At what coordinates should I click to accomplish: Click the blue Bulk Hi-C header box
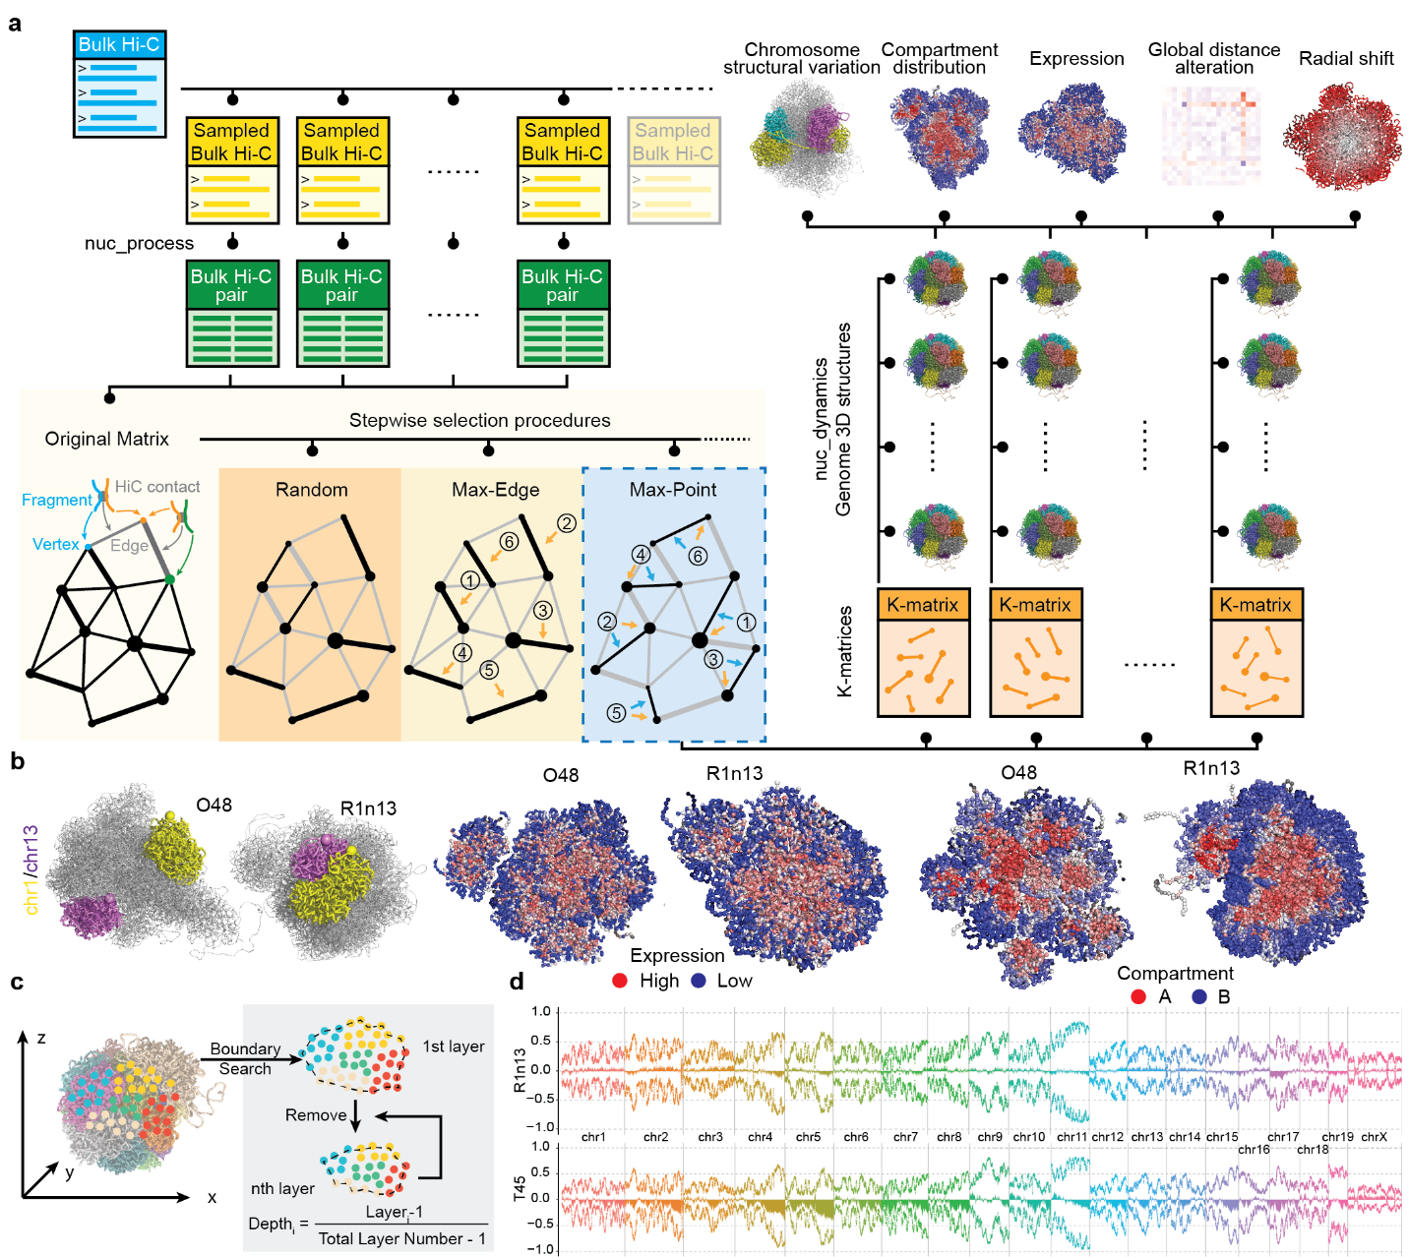[x=119, y=44]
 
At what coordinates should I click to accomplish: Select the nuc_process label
[x=139, y=243]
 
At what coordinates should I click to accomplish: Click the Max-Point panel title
[x=673, y=489]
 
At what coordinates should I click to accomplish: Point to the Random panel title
[x=311, y=489]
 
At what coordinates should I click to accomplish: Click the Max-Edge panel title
[x=495, y=489]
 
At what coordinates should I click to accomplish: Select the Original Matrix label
[x=106, y=439]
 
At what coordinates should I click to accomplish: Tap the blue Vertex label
[x=55, y=544]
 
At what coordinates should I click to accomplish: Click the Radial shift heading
[x=1345, y=58]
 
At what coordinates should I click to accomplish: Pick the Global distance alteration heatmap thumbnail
[x=1211, y=135]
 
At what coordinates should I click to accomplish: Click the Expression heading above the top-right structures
[x=1076, y=58]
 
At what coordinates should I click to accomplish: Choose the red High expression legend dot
[x=620, y=981]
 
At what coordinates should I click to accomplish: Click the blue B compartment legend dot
[x=1199, y=996]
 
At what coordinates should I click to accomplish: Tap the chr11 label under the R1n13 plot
[x=1071, y=1137]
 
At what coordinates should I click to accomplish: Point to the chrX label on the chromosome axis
[x=1374, y=1137]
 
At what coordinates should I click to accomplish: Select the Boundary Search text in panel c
[x=245, y=1058]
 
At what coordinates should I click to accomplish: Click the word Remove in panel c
[x=316, y=1114]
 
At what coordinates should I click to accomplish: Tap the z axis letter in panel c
[x=41, y=1038]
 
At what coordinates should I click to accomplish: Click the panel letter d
[x=517, y=981]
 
